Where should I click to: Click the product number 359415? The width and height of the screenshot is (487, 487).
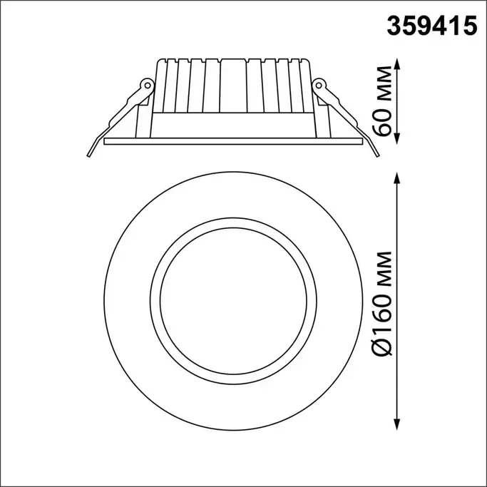(x=431, y=26)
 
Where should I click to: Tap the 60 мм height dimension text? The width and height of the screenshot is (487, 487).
(x=382, y=101)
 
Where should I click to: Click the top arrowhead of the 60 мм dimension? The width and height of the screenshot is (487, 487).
(x=396, y=63)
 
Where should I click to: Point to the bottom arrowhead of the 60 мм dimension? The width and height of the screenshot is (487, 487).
(x=396, y=139)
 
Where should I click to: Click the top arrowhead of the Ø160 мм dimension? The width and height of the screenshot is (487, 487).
(x=396, y=178)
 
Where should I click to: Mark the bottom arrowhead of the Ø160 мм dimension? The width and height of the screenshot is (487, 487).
(x=396, y=424)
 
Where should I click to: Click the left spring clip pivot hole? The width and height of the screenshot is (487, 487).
(x=148, y=85)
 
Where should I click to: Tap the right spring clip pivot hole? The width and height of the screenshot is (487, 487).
(x=319, y=84)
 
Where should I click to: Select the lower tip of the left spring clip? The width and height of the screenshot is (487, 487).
(x=88, y=156)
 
